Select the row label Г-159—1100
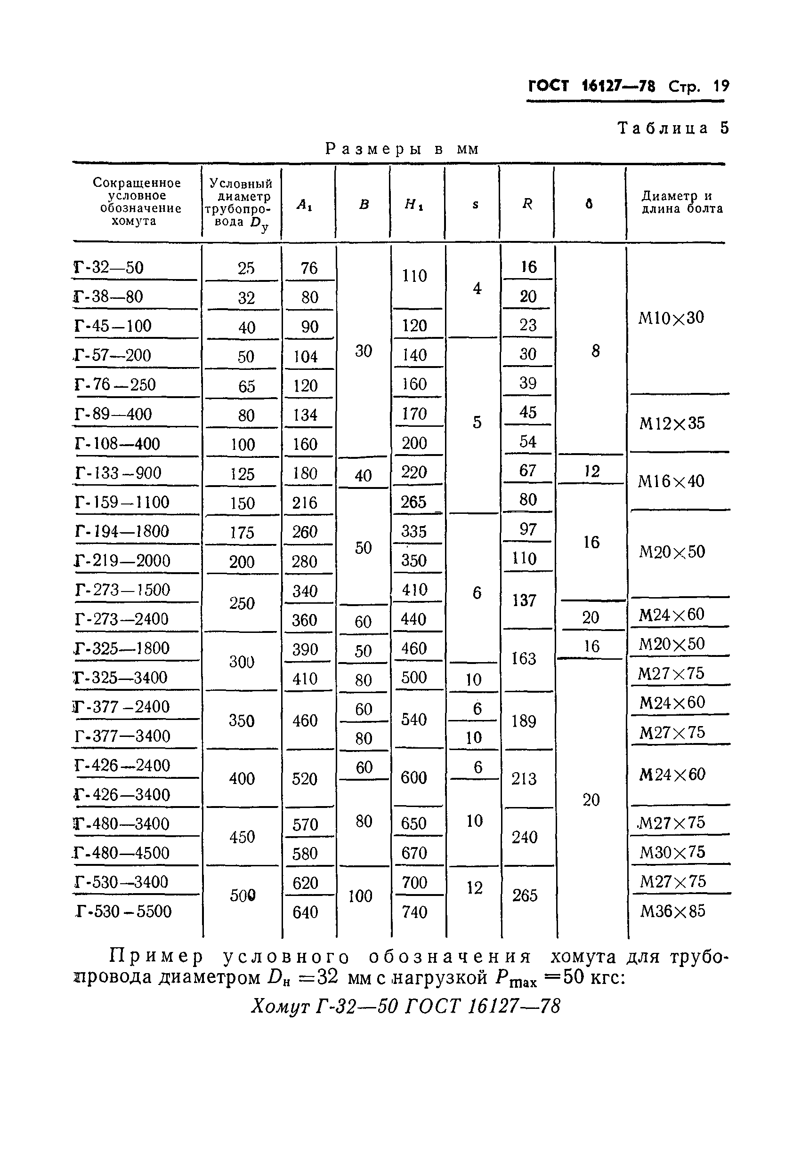tap(122, 502)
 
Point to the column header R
tap(527, 203)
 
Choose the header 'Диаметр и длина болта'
tap(682, 202)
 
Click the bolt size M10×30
tap(671, 317)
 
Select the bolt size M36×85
tap(672, 911)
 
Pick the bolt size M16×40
tap(671, 481)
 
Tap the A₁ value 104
tap(306, 356)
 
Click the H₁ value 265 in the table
tap(413, 502)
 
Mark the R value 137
tap(524, 600)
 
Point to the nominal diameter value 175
tap(242, 532)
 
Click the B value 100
tap(360, 896)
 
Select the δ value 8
tap(596, 351)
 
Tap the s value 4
tap(477, 288)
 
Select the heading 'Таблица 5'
tap(672, 128)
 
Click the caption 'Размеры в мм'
tap(402, 149)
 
